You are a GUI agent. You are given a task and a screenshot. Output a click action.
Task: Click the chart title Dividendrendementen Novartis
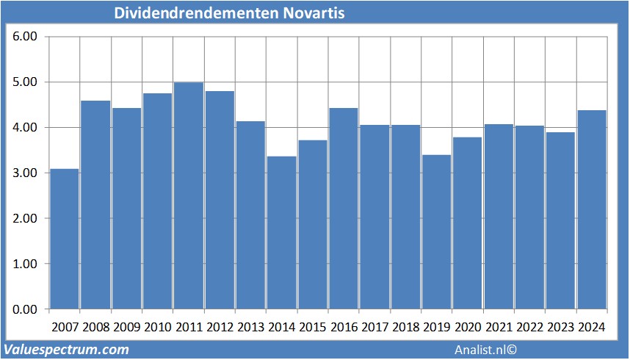[229, 14]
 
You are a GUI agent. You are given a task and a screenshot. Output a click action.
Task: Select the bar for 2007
[65, 239]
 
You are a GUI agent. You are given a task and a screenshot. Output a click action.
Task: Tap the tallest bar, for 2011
[189, 195]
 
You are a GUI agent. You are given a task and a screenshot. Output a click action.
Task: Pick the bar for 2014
[281, 232]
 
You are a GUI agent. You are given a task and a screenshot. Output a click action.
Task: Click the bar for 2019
[437, 232]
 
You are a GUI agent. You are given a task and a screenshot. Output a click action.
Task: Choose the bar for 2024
[592, 209]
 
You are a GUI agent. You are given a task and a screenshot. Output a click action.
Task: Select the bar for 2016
[344, 209]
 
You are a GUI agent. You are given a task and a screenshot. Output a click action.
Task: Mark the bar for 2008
[95, 205]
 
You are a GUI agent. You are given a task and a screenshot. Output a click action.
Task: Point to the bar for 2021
[499, 217]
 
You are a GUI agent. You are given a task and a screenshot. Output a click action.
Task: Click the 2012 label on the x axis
[220, 326]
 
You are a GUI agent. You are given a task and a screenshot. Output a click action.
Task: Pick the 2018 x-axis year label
[405, 326]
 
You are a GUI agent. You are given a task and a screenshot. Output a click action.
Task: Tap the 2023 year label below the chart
[560, 326]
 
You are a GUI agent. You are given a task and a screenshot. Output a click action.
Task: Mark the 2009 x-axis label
[126, 326]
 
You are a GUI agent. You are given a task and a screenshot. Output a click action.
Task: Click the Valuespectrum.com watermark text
[67, 350]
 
